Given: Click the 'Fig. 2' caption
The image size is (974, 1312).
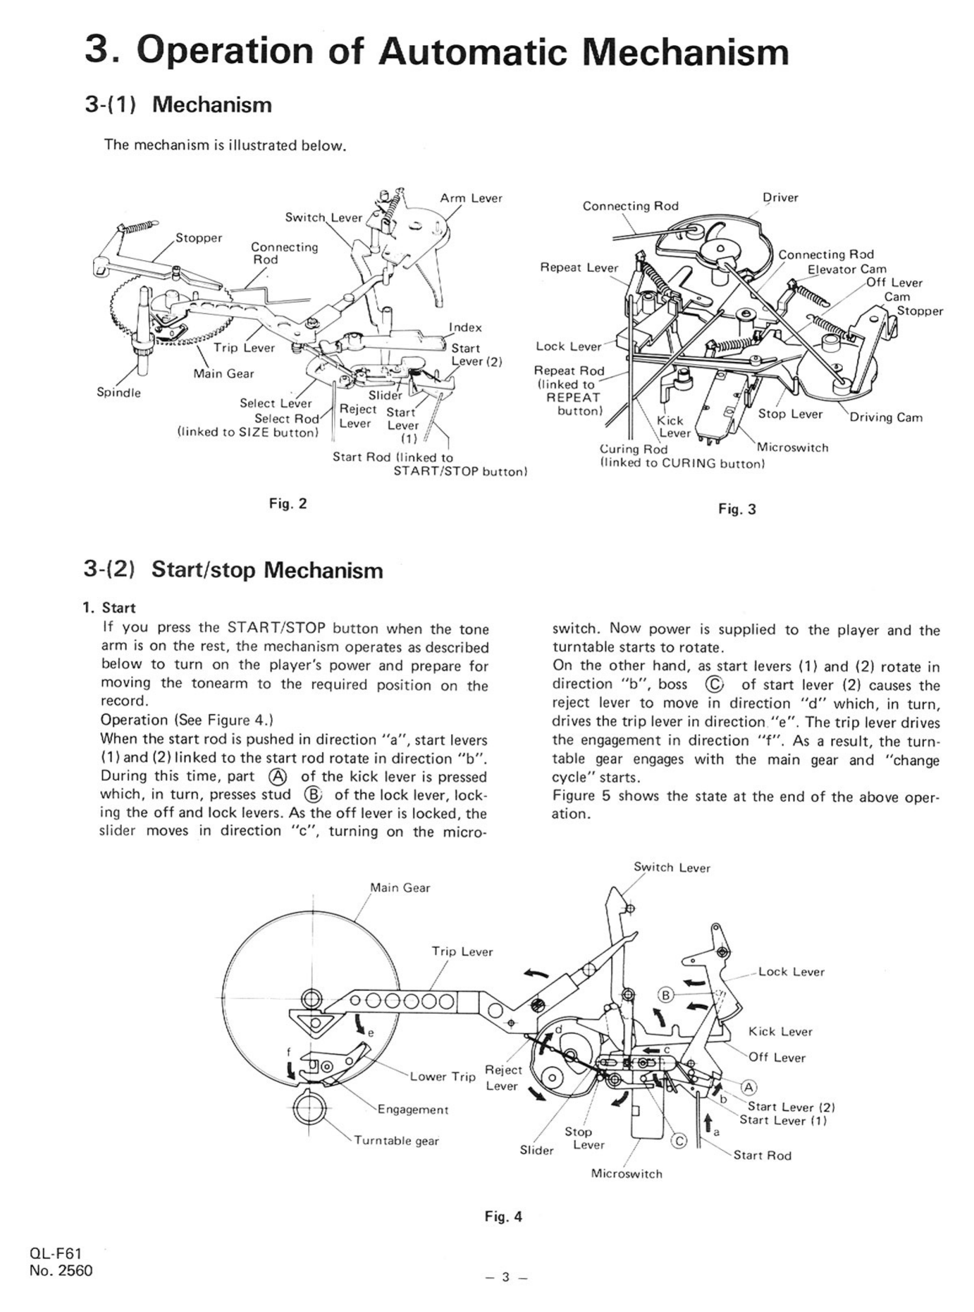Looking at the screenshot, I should (x=288, y=503).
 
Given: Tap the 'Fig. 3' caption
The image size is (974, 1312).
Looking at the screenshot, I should (x=737, y=509).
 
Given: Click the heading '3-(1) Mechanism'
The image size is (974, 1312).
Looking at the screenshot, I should (x=178, y=105).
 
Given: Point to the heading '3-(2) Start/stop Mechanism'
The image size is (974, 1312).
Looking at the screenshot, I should (x=233, y=570).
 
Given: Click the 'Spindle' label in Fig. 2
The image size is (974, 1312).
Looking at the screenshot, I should (x=119, y=393).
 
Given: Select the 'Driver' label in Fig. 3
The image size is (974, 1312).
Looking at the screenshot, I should (x=780, y=198).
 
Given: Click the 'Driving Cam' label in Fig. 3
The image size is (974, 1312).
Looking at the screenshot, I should (x=886, y=417).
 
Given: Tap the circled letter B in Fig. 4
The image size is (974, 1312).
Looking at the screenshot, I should (x=665, y=995).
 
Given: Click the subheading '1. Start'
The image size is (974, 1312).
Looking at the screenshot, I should (x=109, y=608).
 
